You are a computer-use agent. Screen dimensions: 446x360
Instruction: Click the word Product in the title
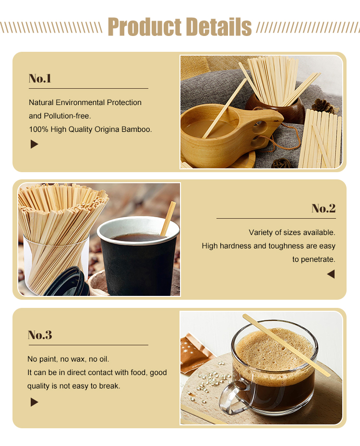click(144, 27)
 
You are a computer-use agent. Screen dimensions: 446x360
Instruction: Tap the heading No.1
click(40, 78)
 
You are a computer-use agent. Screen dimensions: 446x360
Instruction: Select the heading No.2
click(324, 208)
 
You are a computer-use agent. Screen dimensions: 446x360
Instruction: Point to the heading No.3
click(40, 335)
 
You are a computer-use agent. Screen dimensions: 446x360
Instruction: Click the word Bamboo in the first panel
click(136, 129)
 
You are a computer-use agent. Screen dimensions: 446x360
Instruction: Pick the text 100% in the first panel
click(37, 129)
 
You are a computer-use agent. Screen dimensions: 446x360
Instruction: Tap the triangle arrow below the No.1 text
click(34, 144)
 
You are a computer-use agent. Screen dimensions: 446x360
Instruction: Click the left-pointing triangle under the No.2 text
click(331, 274)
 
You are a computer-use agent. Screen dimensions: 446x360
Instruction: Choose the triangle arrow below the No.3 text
click(34, 402)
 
